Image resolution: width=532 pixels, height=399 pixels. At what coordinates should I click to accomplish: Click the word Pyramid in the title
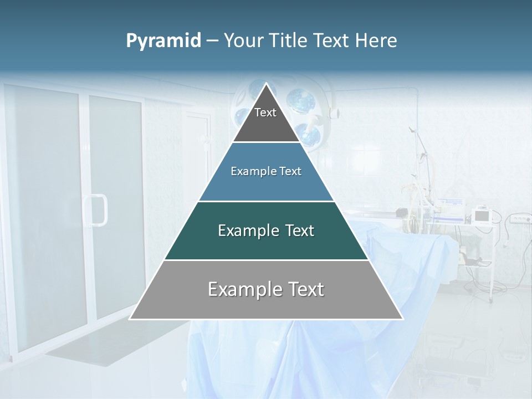coord(163,41)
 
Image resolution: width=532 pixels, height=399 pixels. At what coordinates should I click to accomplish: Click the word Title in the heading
coord(288,40)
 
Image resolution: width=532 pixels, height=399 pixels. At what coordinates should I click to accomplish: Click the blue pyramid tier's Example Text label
coord(266,172)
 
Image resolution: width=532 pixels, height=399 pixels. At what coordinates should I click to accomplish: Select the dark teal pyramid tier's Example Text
coord(266,231)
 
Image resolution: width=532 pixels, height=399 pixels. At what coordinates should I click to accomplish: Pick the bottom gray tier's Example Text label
coord(266,289)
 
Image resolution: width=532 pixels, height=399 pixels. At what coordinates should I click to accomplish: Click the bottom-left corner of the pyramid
coord(130,319)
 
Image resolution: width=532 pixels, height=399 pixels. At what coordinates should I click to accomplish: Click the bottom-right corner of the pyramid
coord(402,319)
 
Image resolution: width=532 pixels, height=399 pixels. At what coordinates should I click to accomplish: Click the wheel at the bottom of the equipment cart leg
coord(491,300)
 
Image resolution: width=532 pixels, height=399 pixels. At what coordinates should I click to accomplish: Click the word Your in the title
coord(243,40)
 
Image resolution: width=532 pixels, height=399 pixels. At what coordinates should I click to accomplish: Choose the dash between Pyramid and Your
coord(212,41)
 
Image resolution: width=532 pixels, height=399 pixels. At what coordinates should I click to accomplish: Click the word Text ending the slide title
coord(332,40)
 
